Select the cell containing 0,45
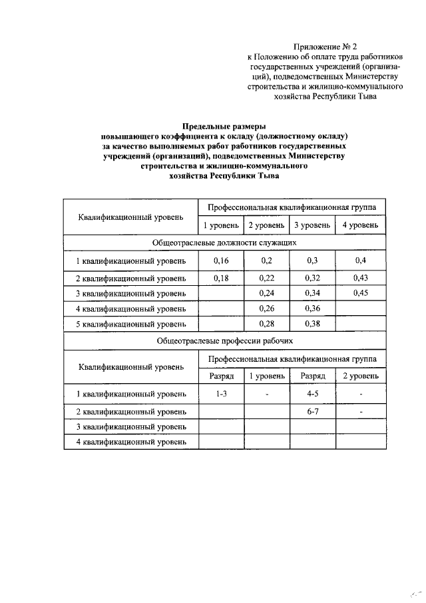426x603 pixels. point(361,293)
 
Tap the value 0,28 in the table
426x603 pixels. point(266,324)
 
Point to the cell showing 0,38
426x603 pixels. point(312,324)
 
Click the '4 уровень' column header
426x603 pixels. point(361,225)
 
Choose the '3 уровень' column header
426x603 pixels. point(312,225)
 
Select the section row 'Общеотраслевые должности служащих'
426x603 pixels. point(225,243)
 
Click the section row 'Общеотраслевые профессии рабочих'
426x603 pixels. point(225,340)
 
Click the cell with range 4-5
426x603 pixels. point(312,394)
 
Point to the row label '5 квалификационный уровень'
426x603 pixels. point(131,324)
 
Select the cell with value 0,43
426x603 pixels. point(361,278)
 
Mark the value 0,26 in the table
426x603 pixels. point(266,308)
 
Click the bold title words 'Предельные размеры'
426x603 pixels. point(225,126)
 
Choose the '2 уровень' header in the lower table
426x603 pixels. point(361,376)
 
